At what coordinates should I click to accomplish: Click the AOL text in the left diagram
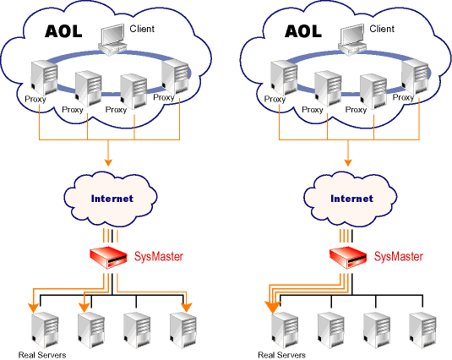[63, 31]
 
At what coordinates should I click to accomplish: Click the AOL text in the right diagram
[303, 31]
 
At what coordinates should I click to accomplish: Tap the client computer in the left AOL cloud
[112, 40]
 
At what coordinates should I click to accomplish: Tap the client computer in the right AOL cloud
[352, 40]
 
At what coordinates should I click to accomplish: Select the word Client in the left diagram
[142, 29]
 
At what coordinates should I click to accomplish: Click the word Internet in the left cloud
[112, 199]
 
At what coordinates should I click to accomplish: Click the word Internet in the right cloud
[351, 199]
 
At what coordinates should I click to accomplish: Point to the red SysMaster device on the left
[108, 258]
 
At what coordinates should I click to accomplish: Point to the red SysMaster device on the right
[348, 258]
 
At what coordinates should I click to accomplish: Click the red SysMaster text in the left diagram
[159, 256]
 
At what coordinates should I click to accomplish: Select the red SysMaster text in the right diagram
[399, 256]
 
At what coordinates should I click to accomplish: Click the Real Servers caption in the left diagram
[42, 355]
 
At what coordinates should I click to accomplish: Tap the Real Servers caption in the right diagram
[281, 355]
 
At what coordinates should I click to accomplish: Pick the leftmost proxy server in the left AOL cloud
[44, 78]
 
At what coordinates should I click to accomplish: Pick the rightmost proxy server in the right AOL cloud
[415, 77]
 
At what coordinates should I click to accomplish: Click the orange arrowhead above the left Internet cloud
[108, 162]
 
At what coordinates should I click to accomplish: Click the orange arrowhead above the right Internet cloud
[348, 162]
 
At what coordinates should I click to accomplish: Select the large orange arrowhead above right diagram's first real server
[272, 308]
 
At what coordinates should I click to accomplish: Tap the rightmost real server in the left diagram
[183, 330]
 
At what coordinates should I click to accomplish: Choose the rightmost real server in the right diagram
[422, 330]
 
